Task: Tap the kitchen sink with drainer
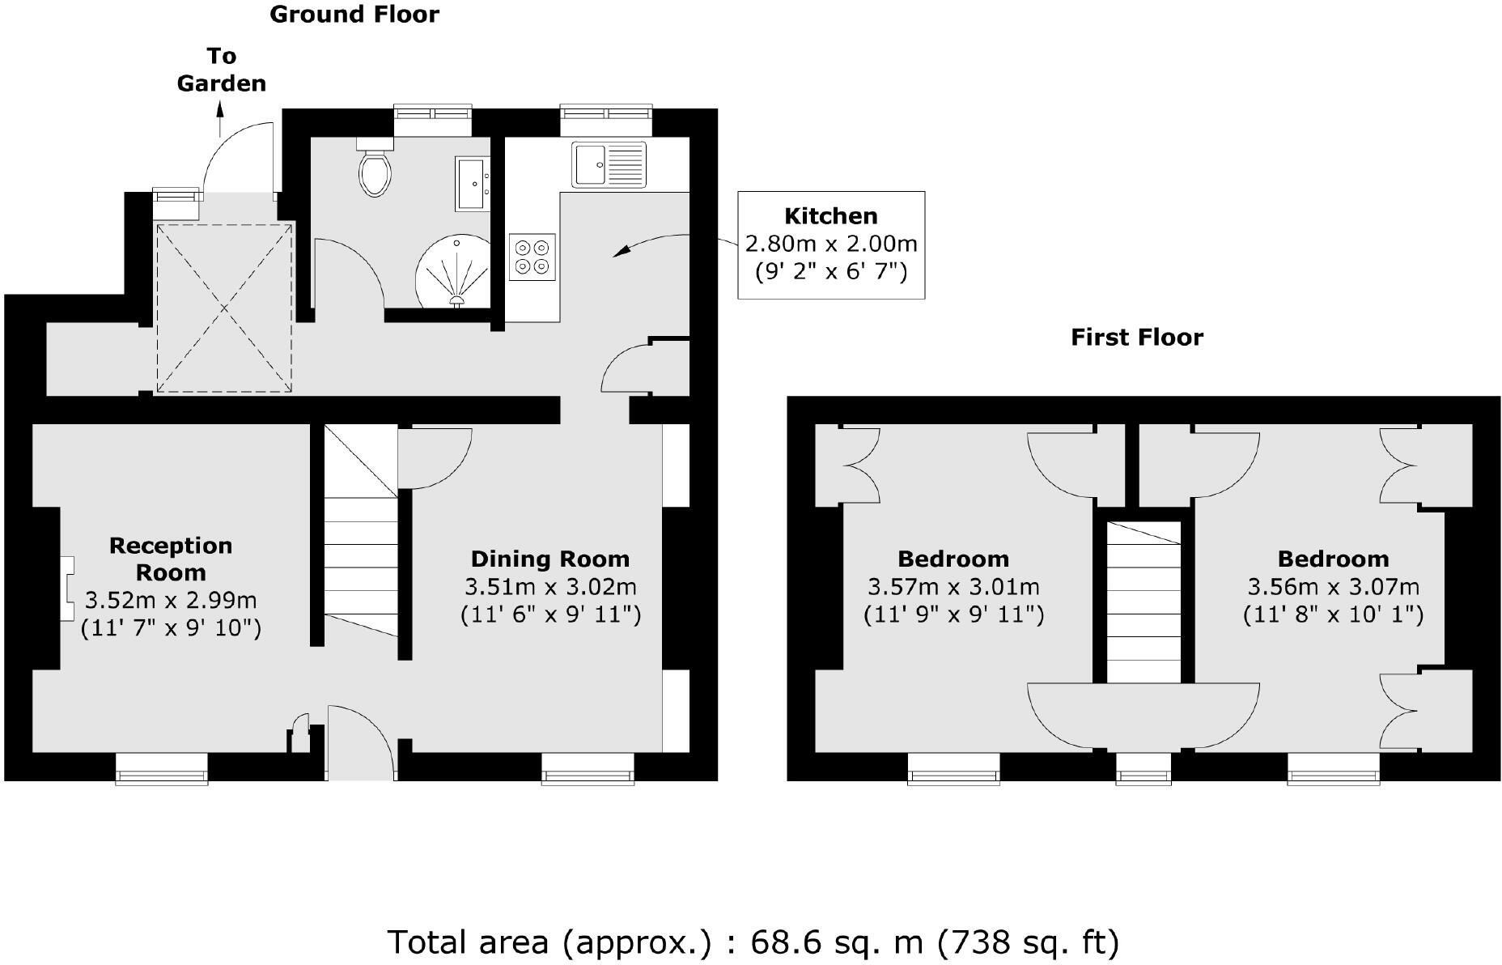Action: point(609,164)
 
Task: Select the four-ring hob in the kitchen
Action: point(532,257)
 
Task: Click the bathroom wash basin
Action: point(473,184)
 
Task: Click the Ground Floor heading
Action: point(354,15)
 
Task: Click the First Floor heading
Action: point(1136,337)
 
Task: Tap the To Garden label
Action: point(221,70)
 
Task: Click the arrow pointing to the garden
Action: point(220,119)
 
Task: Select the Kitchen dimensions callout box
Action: point(831,244)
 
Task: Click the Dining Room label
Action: point(549,559)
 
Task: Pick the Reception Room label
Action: point(171,559)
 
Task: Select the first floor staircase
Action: point(1143,603)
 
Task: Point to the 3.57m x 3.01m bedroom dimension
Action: point(953,586)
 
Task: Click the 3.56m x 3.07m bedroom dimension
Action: point(1333,586)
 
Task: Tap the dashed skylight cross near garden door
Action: point(224,308)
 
